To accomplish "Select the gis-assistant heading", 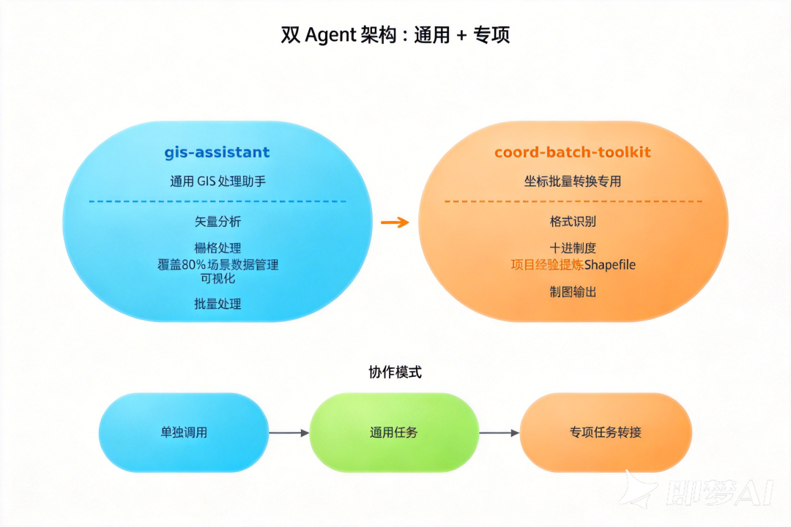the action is pos(217,153).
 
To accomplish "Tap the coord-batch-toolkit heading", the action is pos(572,153).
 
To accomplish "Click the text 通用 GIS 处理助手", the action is pos(218,182).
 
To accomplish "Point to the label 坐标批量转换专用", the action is pos(572,182).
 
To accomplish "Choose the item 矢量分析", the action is pos(218,221).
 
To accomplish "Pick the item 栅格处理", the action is pos(218,248).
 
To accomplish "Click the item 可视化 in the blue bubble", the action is pos(218,278).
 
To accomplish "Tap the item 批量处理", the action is pos(218,304).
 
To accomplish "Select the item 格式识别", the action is pos(573,221).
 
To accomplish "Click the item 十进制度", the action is pos(573,248).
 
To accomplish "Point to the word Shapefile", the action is pos(609,265).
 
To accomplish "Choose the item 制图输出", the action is pos(573,292).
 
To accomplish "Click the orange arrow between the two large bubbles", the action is pos(395,222).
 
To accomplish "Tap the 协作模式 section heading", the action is pos(395,373).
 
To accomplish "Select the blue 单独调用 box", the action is pos(184,433).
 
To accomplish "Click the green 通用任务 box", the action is pos(394,433).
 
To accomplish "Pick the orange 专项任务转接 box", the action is pos(605,433).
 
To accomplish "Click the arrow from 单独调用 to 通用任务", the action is pos(289,433).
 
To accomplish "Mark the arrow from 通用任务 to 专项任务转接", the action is pos(499,433).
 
